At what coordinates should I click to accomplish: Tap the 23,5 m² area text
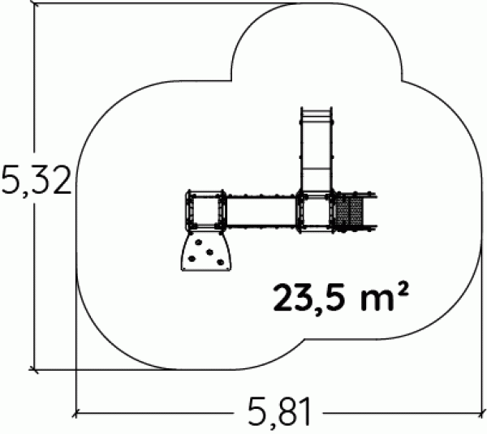click(340, 297)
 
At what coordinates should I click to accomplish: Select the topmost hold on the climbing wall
click(199, 242)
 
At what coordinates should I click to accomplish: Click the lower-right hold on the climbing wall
click(220, 263)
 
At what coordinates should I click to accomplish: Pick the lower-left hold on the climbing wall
click(192, 258)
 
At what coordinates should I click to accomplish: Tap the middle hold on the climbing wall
click(210, 252)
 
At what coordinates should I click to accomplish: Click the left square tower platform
click(205, 211)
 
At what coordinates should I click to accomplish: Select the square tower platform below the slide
click(315, 212)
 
